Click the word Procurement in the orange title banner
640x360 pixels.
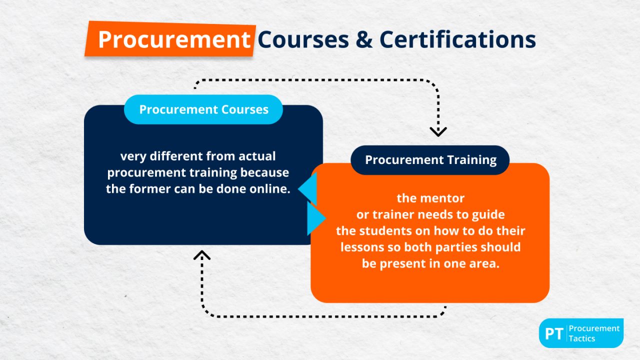173,39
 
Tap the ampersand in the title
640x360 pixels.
364,39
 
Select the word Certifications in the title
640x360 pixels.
457,39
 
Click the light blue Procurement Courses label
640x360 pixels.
203,109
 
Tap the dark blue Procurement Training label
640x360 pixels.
430,160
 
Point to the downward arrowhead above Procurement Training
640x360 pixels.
438,131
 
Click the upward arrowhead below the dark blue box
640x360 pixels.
201,255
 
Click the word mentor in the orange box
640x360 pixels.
444,198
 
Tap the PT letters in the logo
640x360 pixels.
554,333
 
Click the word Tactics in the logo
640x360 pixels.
582,338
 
